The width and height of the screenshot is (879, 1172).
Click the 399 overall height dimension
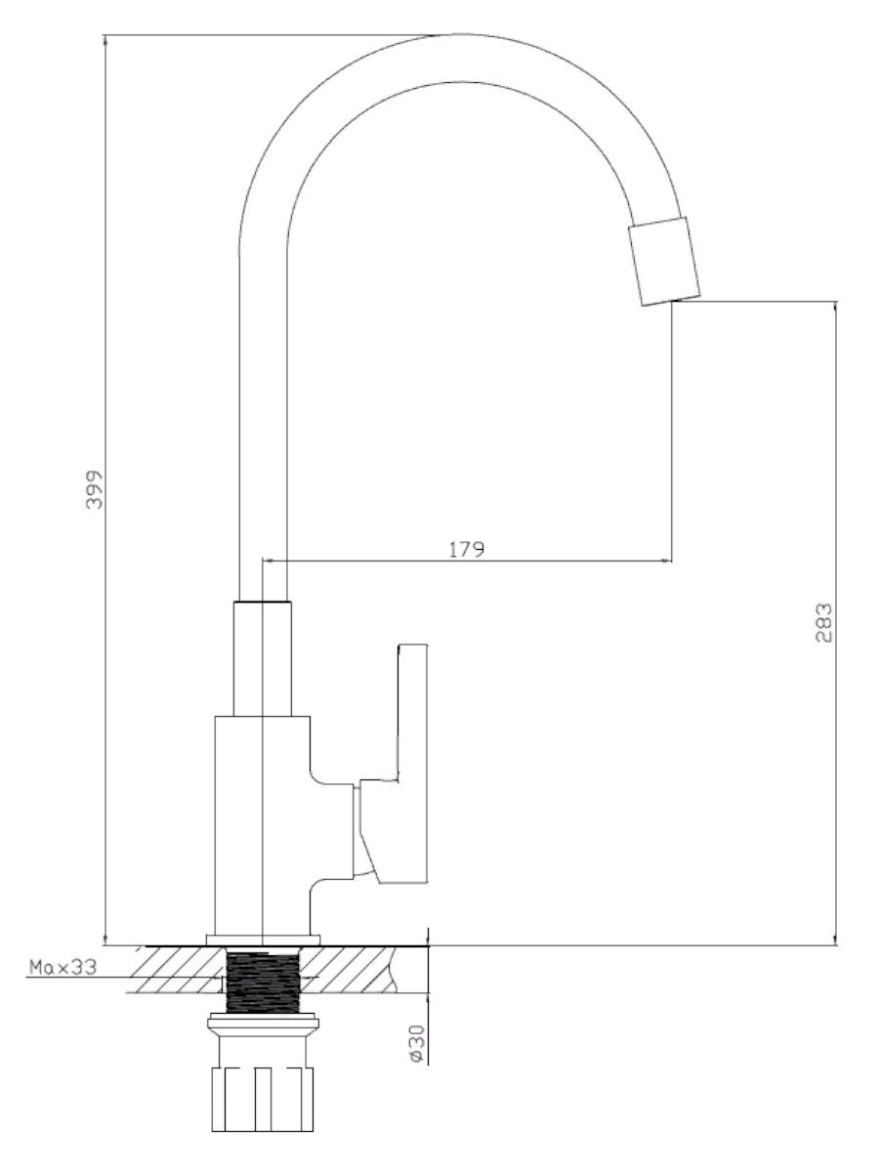95,489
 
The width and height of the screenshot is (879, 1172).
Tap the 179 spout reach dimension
467,550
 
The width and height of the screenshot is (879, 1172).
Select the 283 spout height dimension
824,622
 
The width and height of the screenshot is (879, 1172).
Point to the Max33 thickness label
63,967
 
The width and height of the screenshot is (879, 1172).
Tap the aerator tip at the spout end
664,261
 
